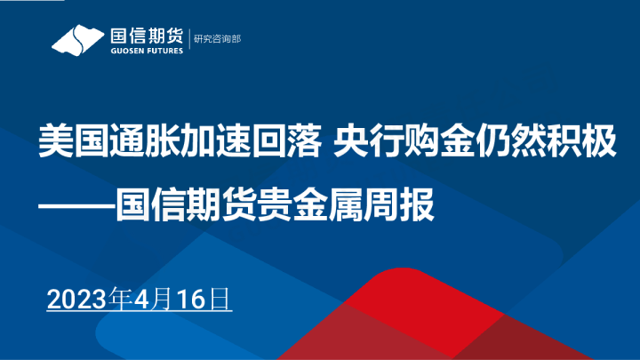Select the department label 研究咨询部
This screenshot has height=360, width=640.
click(x=218, y=39)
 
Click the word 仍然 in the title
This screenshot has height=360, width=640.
click(x=502, y=142)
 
